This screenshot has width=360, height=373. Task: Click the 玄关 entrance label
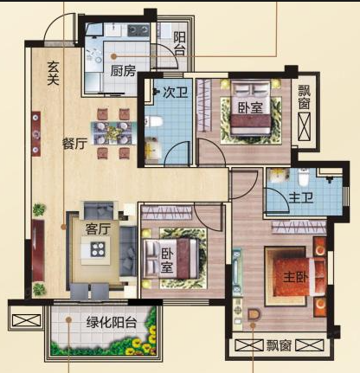point(54,74)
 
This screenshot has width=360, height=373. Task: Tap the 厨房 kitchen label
point(123,70)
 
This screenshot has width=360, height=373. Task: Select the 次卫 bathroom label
point(176,93)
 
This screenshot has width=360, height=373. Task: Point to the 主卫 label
point(301,198)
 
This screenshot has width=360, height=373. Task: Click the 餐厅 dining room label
point(75,144)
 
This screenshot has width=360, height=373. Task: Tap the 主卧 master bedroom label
point(296,278)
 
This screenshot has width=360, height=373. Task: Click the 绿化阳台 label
point(112,322)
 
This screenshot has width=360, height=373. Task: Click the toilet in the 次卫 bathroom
point(154,121)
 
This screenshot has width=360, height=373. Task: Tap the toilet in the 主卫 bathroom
point(303,177)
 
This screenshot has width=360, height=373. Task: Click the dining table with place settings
point(113,133)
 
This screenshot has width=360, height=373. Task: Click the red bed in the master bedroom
point(297,277)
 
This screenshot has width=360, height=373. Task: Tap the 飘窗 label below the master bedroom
point(279,345)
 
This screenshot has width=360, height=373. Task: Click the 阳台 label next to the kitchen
point(180,44)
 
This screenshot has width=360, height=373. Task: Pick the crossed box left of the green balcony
point(27,321)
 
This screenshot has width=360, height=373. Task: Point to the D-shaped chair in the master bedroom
point(254,314)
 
